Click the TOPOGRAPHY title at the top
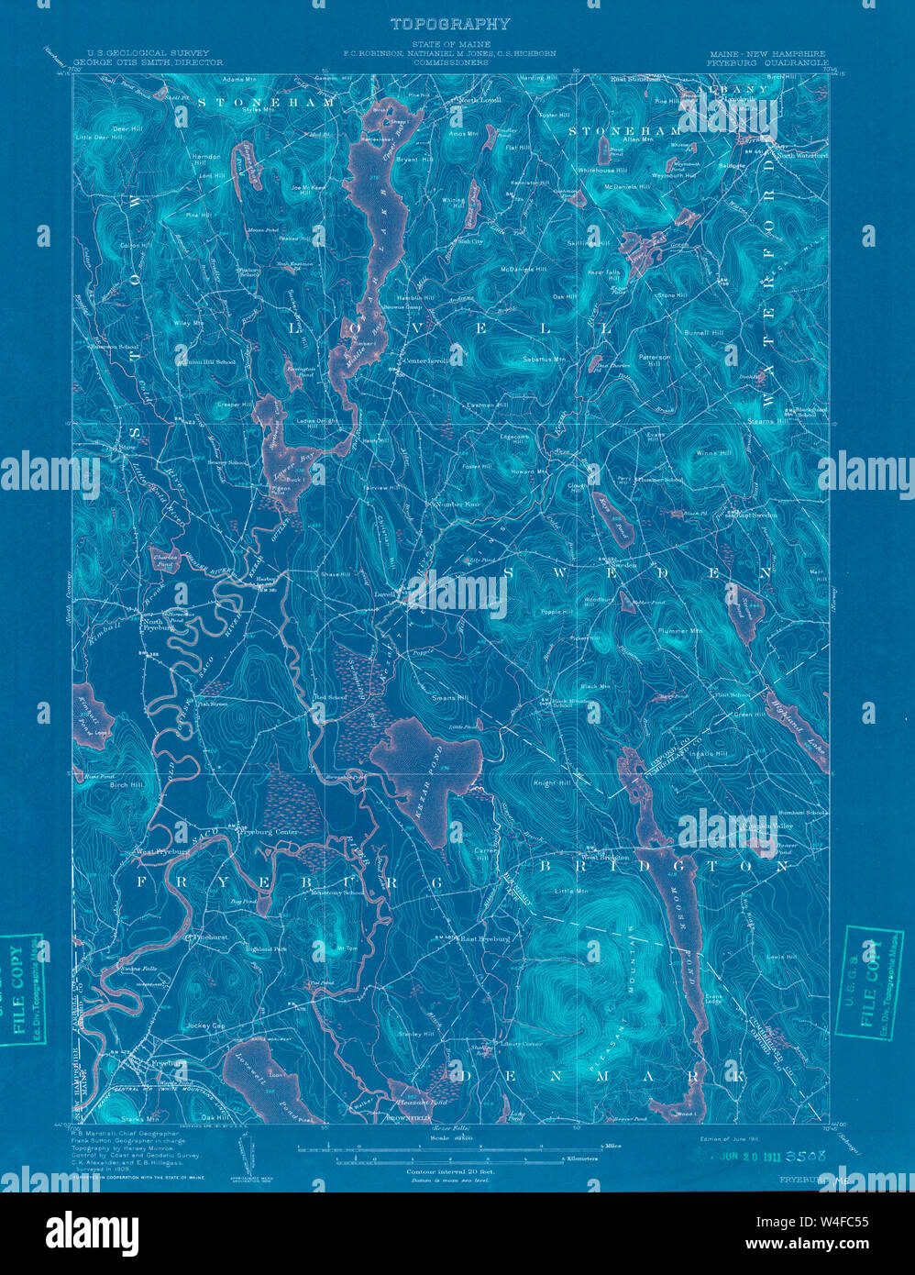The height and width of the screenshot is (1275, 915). click(449, 24)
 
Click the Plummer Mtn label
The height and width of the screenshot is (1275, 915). click(679, 631)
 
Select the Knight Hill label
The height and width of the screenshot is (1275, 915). click(552, 783)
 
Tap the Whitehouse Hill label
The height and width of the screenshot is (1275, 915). click(602, 171)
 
